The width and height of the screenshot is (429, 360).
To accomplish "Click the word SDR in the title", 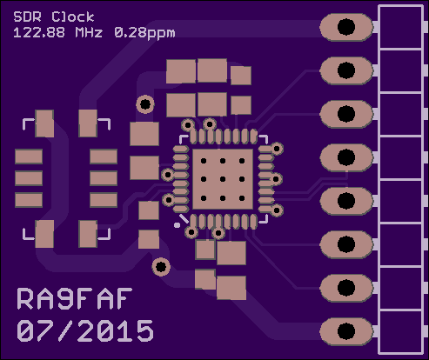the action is click(x=28, y=17).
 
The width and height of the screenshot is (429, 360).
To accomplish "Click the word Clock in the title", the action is click(x=73, y=17).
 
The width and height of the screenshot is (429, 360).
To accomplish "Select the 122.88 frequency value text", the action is click(x=39, y=32).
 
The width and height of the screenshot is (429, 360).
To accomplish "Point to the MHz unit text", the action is click(x=89, y=32).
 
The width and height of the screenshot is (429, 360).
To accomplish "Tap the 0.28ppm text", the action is click(x=144, y=33).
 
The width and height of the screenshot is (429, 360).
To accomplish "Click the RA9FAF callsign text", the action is click(x=75, y=298).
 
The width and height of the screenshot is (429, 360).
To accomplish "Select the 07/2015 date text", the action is click(x=85, y=330).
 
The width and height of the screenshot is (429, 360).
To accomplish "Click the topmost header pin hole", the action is click(x=346, y=27).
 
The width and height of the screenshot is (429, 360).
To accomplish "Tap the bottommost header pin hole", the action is click(x=346, y=331).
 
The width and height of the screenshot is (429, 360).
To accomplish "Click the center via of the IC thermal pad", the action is click(x=223, y=179).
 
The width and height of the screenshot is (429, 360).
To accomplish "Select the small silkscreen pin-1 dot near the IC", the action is click(x=177, y=225).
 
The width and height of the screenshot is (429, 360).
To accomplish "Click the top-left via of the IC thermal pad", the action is click(x=204, y=161).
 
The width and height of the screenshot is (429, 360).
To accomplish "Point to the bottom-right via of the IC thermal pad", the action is click(x=242, y=198).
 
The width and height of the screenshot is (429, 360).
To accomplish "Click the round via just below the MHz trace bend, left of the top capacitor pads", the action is click(x=145, y=104).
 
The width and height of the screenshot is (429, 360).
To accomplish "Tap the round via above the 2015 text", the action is click(x=161, y=267).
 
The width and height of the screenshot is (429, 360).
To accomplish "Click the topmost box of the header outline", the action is click(x=400, y=27).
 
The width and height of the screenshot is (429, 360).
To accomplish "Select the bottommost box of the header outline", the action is click(x=400, y=331).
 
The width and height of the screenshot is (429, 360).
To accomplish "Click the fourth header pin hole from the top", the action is click(x=346, y=157).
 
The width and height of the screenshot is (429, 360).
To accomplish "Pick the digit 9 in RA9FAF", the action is click(x=67, y=298).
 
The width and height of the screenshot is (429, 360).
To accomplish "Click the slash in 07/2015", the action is click(x=66, y=330).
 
